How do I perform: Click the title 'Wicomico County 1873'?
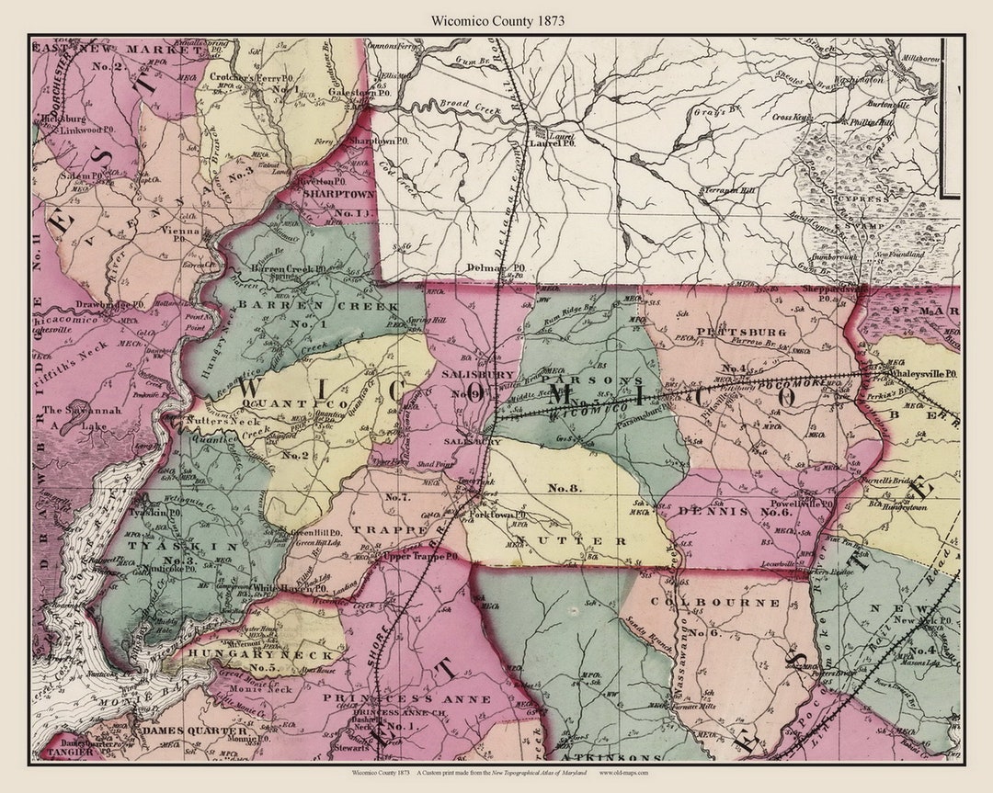pos(497,19)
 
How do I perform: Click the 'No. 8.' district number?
pos(562,489)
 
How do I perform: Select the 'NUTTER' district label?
pos(570,540)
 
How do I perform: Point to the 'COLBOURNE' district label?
pos(715,603)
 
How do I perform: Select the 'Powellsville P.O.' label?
pos(799,504)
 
